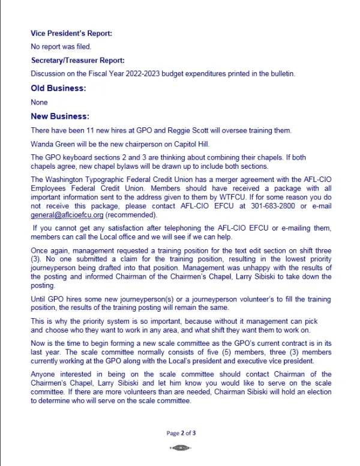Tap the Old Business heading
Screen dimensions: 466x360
58,88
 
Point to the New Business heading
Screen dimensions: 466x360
60,116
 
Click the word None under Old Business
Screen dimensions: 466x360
39,102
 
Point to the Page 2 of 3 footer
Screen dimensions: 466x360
181,432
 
